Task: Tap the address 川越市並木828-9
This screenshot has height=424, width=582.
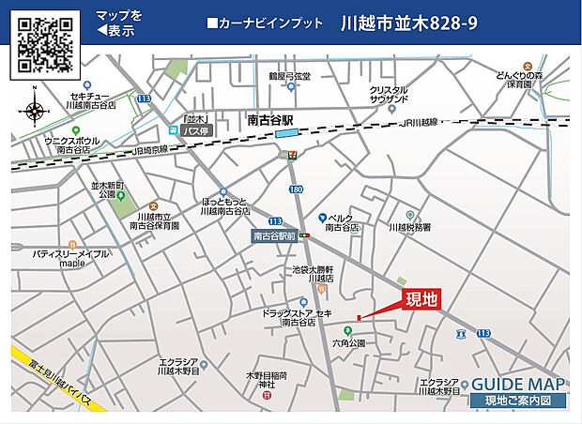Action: tap(409, 23)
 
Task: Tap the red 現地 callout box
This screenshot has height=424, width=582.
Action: tap(421, 300)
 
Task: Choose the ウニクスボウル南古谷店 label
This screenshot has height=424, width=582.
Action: tap(73, 144)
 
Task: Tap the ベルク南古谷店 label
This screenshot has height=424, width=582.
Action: tap(343, 222)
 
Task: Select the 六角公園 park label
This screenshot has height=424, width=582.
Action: tap(347, 343)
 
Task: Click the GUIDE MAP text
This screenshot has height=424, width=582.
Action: tap(518, 385)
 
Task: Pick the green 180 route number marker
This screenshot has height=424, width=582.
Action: tap(297, 190)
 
